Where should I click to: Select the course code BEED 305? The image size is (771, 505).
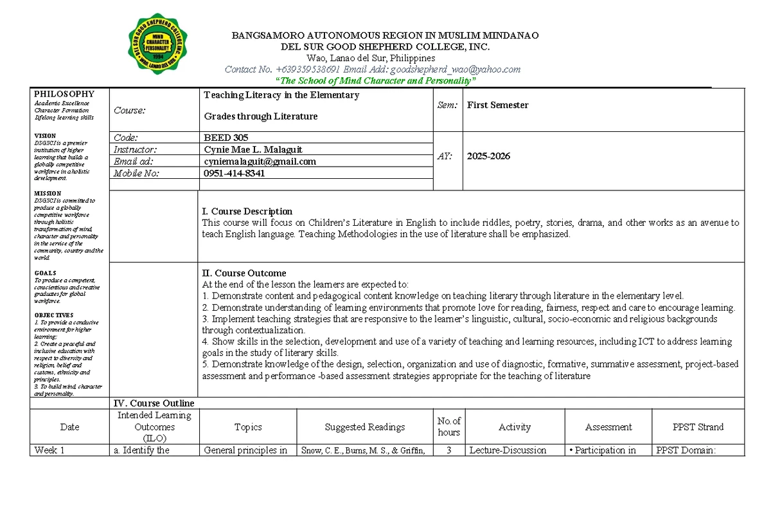(x=226, y=138)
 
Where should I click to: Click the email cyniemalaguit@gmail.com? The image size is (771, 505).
(x=260, y=161)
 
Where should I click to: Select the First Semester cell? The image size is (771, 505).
(x=497, y=105)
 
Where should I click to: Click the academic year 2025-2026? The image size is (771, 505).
(x=488, y=156)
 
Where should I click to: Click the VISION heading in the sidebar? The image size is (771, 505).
(x=45, y=136)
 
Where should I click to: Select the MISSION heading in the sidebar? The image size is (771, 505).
(x=48, y=193)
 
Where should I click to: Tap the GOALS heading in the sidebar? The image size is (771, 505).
(x=45, y=273)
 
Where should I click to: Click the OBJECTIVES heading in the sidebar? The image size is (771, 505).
(x=51, y=315)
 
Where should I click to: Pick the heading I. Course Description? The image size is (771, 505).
(x=247, y=211)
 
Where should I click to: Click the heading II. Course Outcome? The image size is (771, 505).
(x=244, y=273)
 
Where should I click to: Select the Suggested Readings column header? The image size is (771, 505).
(x=364, y=427)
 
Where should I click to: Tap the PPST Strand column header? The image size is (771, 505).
(x=698, y=427)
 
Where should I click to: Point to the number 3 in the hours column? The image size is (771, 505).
(x=448, y=450)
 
